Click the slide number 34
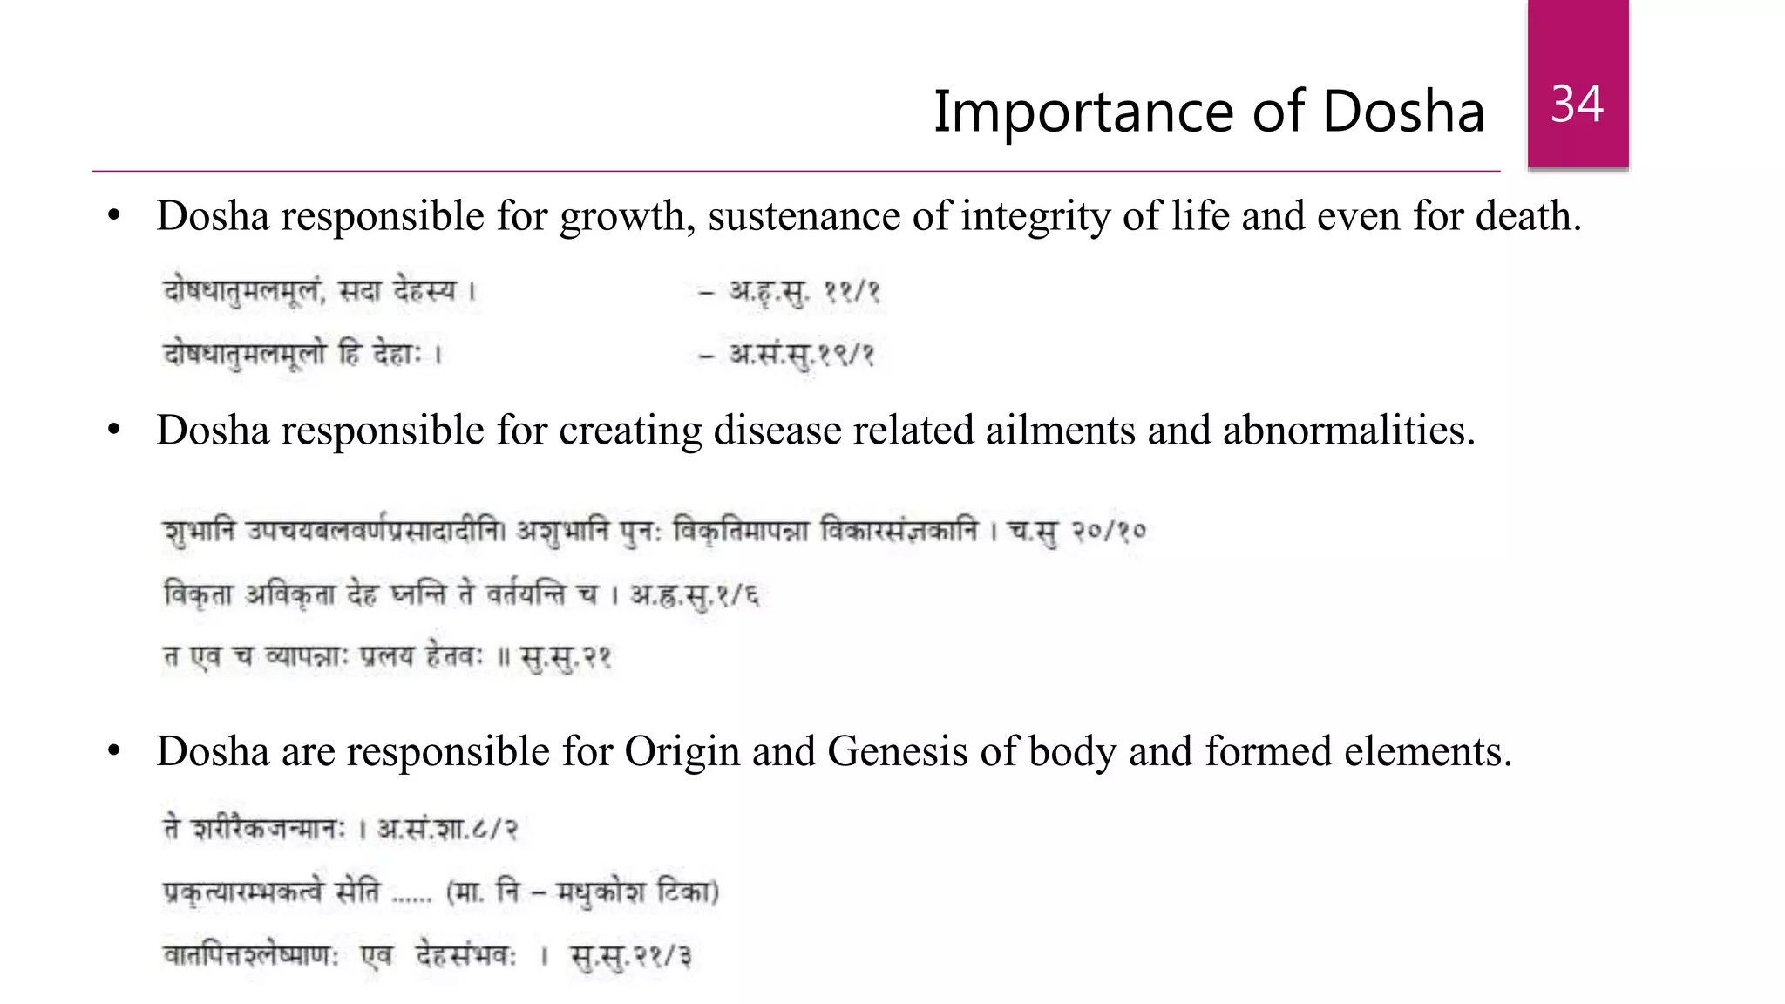coord(1577,105)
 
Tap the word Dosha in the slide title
coord(1403,112)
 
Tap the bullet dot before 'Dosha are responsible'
coord(114,751)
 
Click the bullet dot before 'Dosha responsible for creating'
coord(114,431)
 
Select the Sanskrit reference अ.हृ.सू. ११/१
coord(804,291)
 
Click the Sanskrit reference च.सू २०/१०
coord(1077,531)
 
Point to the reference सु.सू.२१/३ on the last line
coord(631,956)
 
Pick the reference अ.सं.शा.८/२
coord(447,828)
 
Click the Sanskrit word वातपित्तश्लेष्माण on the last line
coord(251,956)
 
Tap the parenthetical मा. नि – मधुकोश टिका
coord(582,892)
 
